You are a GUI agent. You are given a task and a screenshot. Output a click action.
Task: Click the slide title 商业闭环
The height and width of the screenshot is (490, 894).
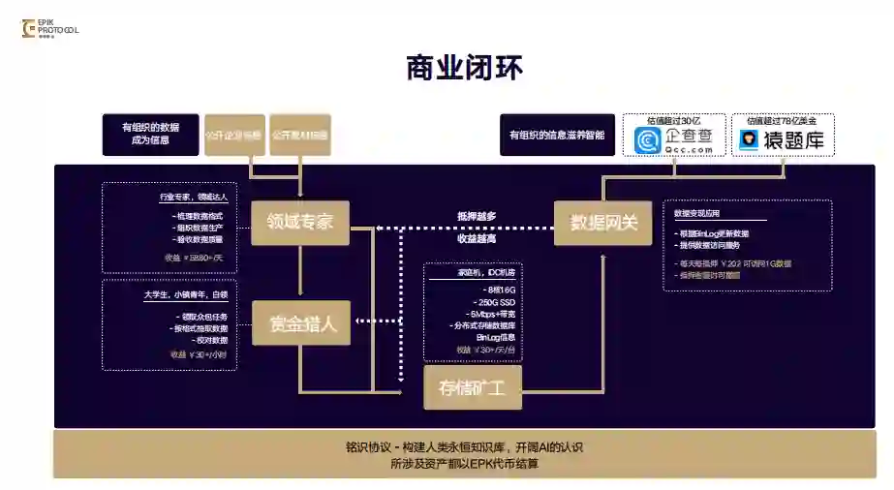[x=465, y=69]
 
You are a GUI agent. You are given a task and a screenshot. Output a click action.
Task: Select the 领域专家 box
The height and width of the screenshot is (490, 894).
[x=300, y=222]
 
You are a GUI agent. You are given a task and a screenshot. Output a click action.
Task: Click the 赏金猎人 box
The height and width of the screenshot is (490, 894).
[x=302, y=323]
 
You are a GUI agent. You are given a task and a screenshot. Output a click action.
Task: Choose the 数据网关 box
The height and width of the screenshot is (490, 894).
[x=602, y=222]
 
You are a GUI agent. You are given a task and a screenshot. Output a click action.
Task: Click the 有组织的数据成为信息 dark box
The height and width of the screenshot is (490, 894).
[x=150, y=135]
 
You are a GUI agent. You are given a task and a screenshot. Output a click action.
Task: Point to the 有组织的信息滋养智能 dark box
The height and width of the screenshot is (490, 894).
[x=557, y=135]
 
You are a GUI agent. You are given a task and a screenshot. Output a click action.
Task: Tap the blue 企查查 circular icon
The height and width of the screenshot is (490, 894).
[x=647, y=141]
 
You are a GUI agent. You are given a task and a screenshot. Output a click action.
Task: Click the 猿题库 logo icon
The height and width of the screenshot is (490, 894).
[x=748, y=141]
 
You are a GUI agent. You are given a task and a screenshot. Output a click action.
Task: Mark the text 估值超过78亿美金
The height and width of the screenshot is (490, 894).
[x=783, y=121]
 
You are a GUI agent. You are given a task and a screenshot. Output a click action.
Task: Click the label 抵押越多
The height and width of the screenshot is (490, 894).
[x=477, y=216]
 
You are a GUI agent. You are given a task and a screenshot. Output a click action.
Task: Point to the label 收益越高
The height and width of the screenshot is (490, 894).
[x=477, y=238]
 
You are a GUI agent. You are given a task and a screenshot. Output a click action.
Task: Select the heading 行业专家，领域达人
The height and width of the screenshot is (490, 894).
[x=194, y=198]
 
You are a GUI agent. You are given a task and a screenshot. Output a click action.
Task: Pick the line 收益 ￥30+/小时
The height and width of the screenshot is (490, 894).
[x=199, y=354]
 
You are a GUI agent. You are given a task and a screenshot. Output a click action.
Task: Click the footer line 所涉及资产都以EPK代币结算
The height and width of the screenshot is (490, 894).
[x=464, y=464]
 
